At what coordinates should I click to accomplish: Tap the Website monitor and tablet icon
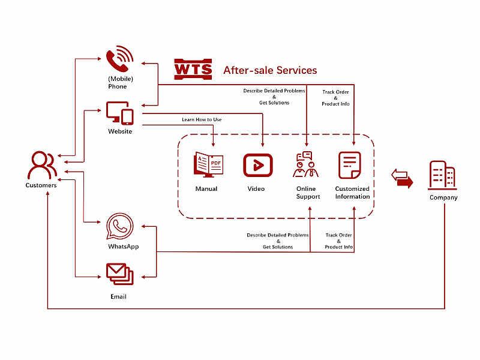pyautogui.click(x=120, y=113)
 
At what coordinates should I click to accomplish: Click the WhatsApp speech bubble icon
pyautogui.click(x=119, y=227)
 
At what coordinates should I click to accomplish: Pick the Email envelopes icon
pyautogui.click(x=120, y=274)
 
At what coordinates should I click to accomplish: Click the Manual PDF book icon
pyautogui.click(x=208, y=164)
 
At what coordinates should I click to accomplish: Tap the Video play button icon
pyautogui.click(x=258, y=165)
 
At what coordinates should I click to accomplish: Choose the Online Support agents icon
pyautogui.click(x=306, y=165)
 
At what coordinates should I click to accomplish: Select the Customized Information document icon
pyautogui.click(x=350, y=165)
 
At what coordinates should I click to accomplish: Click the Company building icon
pyautogui.click(x=443, y=175)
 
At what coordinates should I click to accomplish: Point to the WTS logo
pyautogui.click(x=193, y=70)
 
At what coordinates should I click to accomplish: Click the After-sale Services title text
pyautogui.click(x=270, y=70)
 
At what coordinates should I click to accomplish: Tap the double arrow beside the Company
pyautogui.click(x=402, y=178)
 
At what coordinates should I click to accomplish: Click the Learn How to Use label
pyautogui.click(x=202, y=120)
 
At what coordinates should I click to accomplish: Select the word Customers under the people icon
pyautogui.click(x=41, y=185)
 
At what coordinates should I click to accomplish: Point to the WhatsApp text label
pyautogui.click(x=124, y=247)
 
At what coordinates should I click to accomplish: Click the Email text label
pyautogui.click(x=119, y=296)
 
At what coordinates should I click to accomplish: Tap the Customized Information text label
pyautogui.click(x=353, y=193)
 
